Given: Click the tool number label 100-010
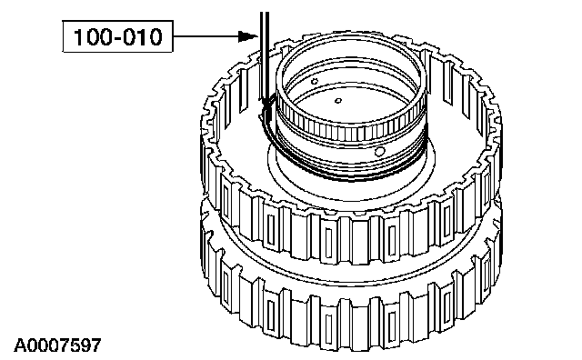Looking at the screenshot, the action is coord(117,36).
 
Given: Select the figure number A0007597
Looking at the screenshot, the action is coord(57,345).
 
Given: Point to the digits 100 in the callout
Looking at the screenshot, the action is coord(91,36).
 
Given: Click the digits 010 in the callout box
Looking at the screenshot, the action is coord(143,36).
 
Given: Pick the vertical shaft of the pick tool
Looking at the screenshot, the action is coord(265,55).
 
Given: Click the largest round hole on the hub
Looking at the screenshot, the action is coord(379,152).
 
